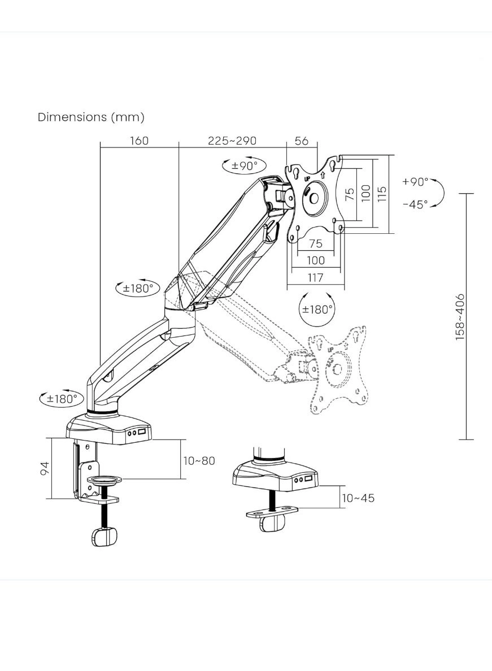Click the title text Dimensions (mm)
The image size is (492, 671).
click(91, 117)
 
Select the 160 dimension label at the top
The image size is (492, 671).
click(139, 141)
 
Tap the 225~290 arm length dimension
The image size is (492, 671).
click(232, 141)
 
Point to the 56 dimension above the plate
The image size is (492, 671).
click(302, 141)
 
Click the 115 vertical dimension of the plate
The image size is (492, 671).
click(382, 194)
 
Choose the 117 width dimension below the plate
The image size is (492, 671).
click(316, 277)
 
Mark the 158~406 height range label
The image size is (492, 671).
click(460, 316)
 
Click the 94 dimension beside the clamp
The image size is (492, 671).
click(45, 468)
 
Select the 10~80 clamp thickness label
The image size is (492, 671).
click(199, 460)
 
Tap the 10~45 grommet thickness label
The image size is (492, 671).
click(358, 498)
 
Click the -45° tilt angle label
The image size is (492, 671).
click(415, 204)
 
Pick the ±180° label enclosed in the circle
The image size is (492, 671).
click(316, 310)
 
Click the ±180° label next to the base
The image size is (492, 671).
click(62, 398)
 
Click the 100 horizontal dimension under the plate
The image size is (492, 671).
click(316, 260)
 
